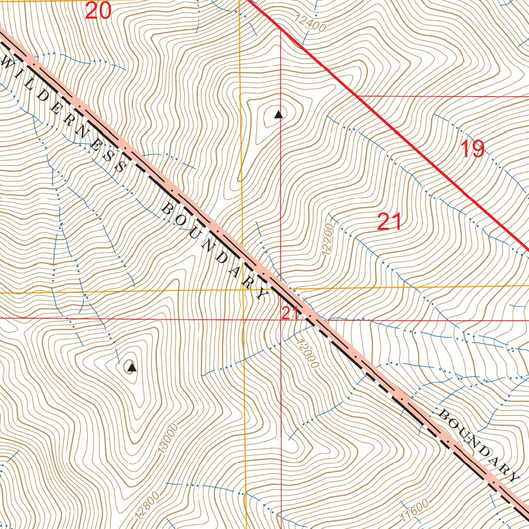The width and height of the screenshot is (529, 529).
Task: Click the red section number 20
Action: pyautogui.click(x=98, y=10)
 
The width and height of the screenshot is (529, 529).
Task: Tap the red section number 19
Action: pyautogui.click(x=472, y=149)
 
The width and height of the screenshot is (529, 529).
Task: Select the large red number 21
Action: pyautogui.click(x=390, y=222)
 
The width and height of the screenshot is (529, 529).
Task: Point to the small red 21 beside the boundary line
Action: pyautogui.click(x=290, y=313)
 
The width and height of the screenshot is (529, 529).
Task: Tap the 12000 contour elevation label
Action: pyautogui.click(x=308, y=353)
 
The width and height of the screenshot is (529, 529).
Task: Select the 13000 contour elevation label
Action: pyautogui.click(x=168, y=439)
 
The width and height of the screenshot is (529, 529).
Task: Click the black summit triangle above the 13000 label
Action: pyautogui.click(x=132, y=368)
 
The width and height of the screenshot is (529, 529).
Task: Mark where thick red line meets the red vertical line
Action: pyautogui.click(x=280, y=29)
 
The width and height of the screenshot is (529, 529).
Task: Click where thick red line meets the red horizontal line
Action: pyautogui.click(x=357, y=97)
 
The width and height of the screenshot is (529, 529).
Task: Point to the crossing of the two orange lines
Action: pyautogui.click(x=243, y=290)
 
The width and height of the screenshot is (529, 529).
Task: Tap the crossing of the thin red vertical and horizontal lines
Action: pyautogui.click(x=281, y=319)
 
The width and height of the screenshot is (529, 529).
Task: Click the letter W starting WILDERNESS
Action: pyautogui.click(x=8, y=63)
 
